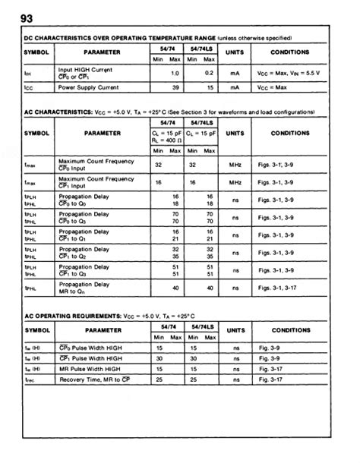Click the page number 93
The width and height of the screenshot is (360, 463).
[17, 17]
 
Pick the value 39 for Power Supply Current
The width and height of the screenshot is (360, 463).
[176, 88]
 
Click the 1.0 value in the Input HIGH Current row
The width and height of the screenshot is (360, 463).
[175, 73]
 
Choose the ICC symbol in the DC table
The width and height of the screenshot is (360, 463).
[28, 88]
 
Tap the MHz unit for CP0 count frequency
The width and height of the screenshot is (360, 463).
[235, 163]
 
